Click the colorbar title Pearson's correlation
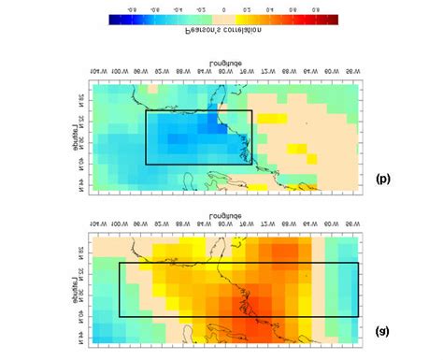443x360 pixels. click(221, 31)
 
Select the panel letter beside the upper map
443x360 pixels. click(383, 178)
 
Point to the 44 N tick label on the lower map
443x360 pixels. click(81, 332)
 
